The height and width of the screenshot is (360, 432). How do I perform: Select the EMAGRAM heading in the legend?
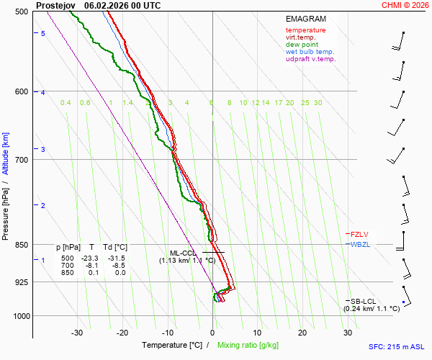pyautogui.click(x=306, y=19)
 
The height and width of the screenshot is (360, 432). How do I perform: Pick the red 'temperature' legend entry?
pyautogui.click(x=305, y=30)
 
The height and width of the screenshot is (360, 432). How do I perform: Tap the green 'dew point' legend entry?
pyautogui.click(x=302, y=45)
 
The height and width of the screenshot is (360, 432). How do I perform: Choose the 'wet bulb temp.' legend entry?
pyautogui.click(x=310, y=52)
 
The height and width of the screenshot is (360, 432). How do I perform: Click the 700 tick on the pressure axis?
pyautogui.click(x=21, y=159)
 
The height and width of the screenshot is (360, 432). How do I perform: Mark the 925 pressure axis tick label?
pyautogui.click(x=21, y=282)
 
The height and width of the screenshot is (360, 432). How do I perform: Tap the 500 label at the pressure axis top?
pyautogui.click(x=21, y=12)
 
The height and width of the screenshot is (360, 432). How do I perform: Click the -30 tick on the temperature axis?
pyautogui.click(x=77, y=333)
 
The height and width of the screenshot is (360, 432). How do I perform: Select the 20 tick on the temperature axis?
pyautogui.click(x=302, y=333)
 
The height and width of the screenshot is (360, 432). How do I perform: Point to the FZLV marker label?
pyautogui.click(x=360, y=234)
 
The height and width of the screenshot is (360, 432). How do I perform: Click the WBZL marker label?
pyautogui.click(x=361, y=245)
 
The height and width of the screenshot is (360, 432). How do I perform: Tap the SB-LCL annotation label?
pyautogui.click(x=364, y=301)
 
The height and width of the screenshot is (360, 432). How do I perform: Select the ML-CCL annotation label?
pyautogui.click(x=183, y=253)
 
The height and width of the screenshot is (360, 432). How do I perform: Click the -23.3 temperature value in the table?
pyautogui.click(x=89, y=258)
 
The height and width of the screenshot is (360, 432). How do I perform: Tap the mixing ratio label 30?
pyautogui.click(x=318, y=103)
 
